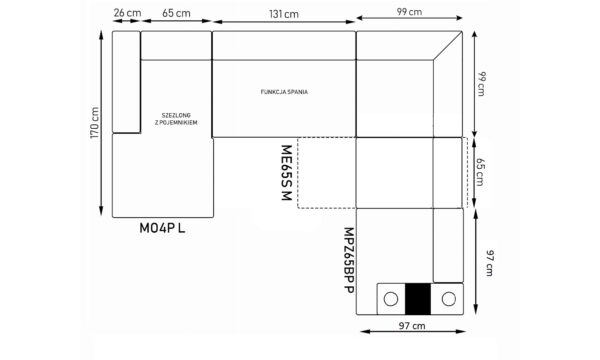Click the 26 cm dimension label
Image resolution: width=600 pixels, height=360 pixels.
127,13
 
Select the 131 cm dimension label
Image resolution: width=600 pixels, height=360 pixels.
284,14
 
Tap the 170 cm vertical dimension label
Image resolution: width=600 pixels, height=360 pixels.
95,123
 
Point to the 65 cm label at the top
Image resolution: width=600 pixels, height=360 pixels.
176,13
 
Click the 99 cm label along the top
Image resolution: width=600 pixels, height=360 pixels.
409,12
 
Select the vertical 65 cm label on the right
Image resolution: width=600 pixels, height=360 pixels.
480,172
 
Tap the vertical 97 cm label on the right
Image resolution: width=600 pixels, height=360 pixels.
489,263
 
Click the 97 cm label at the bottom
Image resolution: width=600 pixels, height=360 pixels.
412,326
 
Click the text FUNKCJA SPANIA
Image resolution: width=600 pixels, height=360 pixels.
284,92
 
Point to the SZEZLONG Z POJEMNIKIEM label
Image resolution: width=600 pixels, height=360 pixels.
176,119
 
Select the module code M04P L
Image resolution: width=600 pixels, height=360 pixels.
162,228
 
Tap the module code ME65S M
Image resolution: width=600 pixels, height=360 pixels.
287,173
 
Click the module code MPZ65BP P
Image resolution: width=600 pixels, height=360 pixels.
349,261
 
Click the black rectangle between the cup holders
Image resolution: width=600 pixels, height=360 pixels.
417,299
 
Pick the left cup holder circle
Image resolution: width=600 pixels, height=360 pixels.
391,299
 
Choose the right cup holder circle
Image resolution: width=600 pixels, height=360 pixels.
448,299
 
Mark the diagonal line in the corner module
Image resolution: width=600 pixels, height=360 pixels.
448,46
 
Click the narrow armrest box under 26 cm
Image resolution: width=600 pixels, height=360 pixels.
126,82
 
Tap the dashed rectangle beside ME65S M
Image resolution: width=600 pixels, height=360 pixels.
298,173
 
